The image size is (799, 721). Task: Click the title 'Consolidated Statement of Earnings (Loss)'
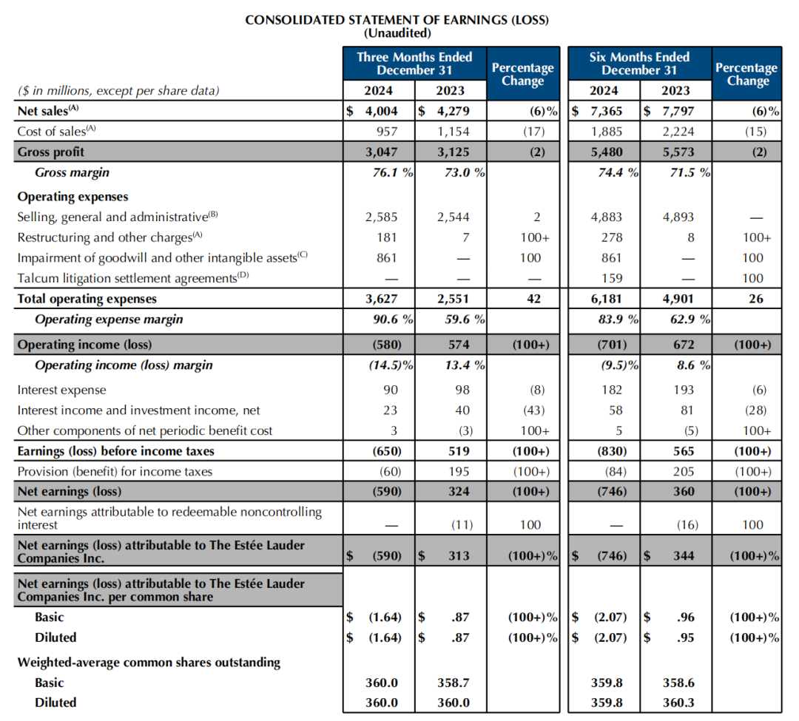pos(397,20)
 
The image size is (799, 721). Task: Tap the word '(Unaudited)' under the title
pos(397,33)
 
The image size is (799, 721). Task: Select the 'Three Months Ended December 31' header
pos(414,64)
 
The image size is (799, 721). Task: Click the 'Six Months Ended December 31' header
pos(639,64)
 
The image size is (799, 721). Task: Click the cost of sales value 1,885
pos(607,132)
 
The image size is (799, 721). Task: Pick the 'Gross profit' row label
pos(51,152)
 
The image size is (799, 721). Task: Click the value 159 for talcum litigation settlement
pos(612,279)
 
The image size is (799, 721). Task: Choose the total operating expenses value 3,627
pos(381,299)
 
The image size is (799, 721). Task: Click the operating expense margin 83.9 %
pos(611,319)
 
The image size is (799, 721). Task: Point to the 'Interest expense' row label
pos(61,390)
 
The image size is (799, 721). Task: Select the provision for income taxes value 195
pos(458,472)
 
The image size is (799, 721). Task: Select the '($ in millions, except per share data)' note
pos(118,91)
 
